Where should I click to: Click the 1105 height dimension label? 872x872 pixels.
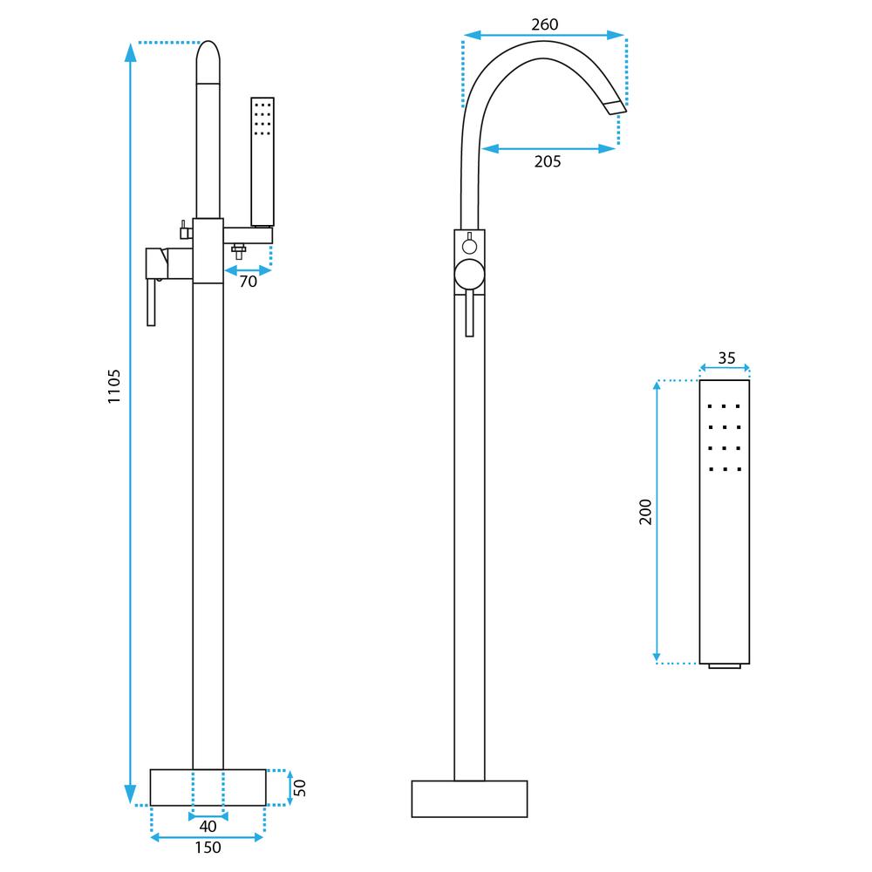[x=114, y=386]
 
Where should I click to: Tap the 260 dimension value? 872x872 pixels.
[x=544, y=24]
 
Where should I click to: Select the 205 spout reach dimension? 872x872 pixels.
[x=547, y=161]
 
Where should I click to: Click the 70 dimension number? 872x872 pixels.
[x=249, y=282]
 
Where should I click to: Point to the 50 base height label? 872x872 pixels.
[x=300, y=787]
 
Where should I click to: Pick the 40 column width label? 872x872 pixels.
[x=208, y=826]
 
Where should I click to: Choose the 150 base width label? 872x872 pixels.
[x=208, y=847]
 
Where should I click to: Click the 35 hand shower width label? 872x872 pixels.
[x=726, y=358]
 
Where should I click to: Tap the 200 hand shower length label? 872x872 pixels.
[x=645, y=512]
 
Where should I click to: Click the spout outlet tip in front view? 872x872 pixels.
[x=616, y=107]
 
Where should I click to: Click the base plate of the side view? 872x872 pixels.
[x=208, y=787]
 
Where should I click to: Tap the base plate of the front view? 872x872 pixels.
[x=469, y=799]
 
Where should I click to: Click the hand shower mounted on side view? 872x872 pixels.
[x=262, y=161]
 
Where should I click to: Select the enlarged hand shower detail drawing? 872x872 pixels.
[x=725, y=521]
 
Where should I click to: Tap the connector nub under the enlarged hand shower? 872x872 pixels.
[x=725, y=667]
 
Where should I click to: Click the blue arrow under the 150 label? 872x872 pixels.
[x=208, y=837]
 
